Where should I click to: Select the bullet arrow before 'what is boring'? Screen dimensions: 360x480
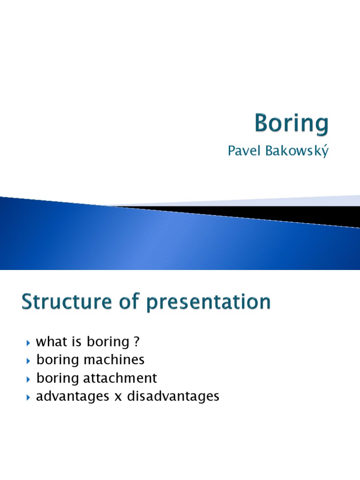click(x=28, y=343)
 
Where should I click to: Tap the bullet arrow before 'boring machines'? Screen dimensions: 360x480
click(x=28, y=361)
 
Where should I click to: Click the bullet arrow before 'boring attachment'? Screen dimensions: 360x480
click(x=28, y=380)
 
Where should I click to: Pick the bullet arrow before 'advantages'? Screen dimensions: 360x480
click(x=28, y=397)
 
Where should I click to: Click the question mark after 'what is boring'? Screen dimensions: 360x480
click(x=136, y=341)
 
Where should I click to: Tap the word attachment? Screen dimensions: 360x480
click(x=120, y=378)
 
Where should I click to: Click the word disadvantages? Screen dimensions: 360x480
click(x=173, y=396)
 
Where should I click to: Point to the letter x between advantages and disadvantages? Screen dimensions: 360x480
click(x=118, y=397)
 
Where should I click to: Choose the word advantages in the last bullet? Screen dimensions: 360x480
click(x=73, y=396)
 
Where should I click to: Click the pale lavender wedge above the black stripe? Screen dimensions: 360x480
click(x=276, y=202)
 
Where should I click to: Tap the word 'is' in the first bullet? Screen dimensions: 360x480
click(x=76, y=341)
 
